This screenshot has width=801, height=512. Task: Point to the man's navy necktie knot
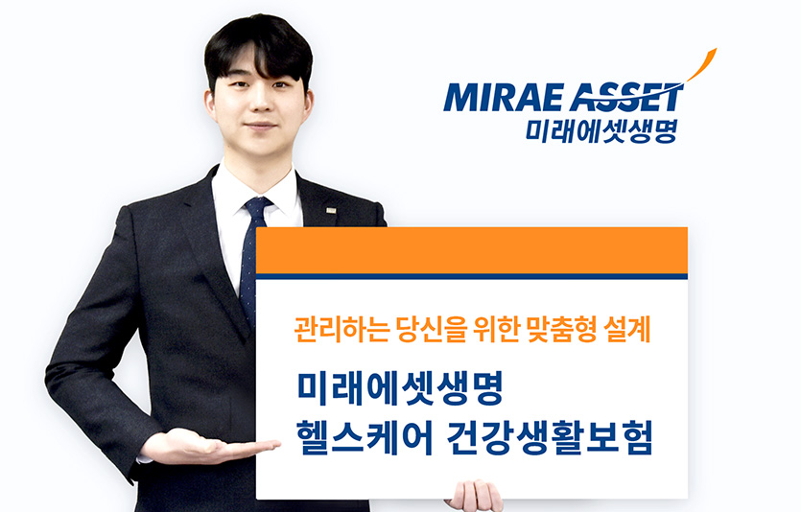(257, 207)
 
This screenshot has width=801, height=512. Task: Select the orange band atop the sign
(472, 250)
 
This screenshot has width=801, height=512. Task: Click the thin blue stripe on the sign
(472, 276)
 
